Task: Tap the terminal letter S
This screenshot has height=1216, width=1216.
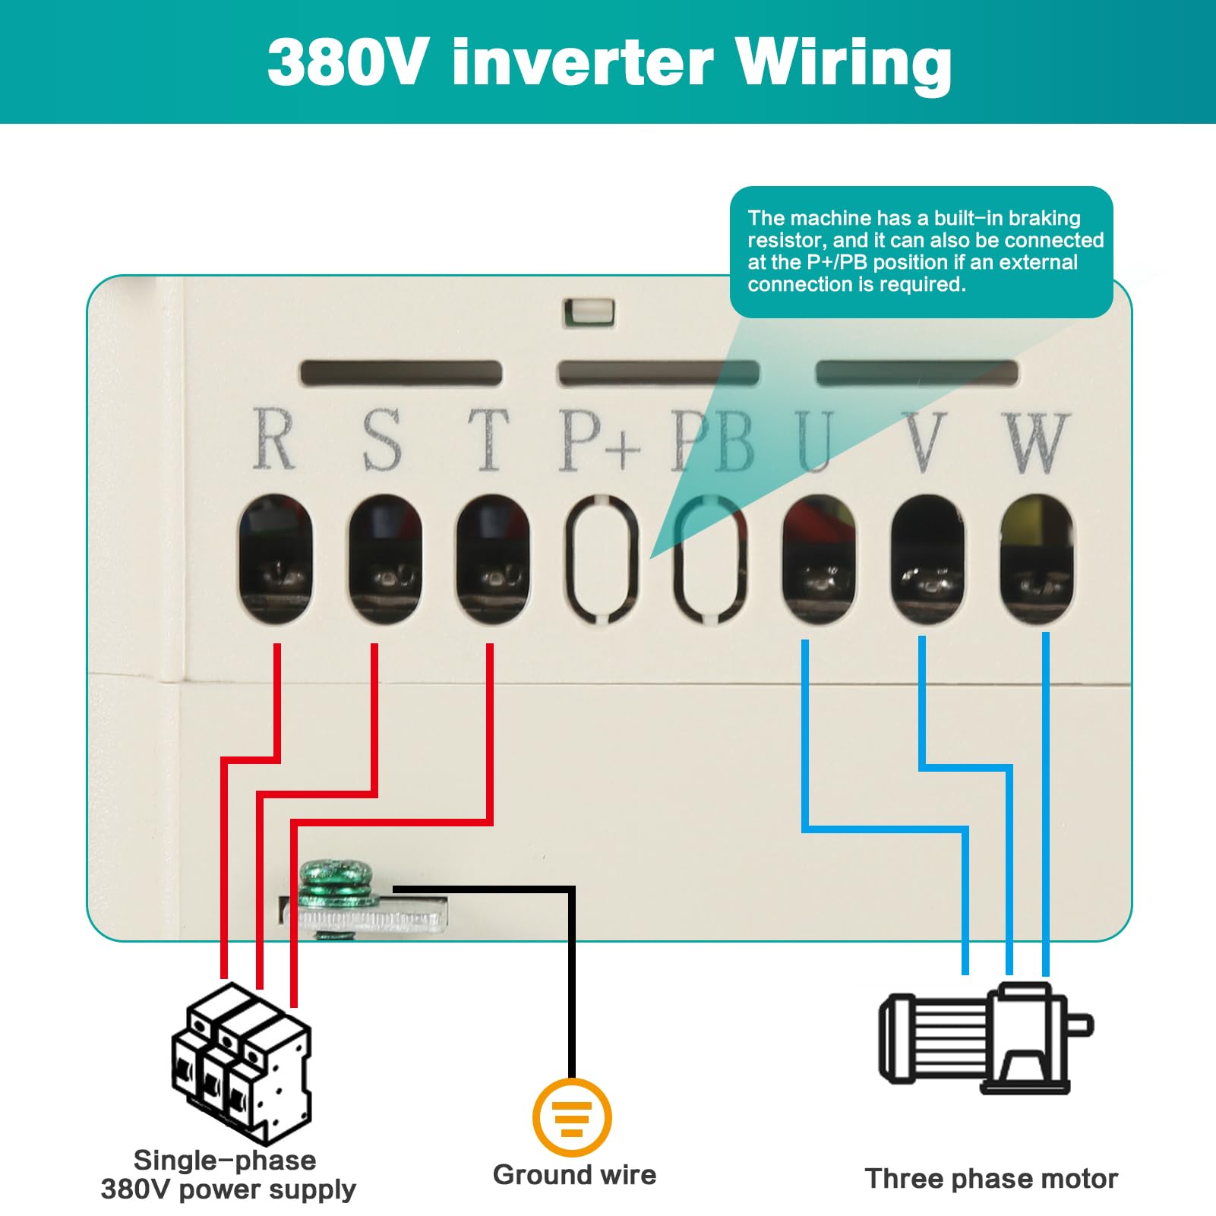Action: (381, 440)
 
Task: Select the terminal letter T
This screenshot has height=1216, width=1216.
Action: (488, 440)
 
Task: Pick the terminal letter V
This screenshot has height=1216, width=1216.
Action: (925, 442)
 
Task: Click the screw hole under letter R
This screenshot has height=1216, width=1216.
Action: (275, 559)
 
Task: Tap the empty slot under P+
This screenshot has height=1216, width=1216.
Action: (602, 559)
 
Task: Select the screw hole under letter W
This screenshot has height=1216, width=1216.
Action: (1037, 559)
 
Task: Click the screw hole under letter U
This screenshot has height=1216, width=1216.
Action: (819, 559)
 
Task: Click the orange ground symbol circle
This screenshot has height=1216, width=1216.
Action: (572, 1117)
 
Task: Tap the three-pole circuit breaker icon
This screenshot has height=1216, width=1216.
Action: (242, 1063)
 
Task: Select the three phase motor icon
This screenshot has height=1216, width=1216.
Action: (986, 1038)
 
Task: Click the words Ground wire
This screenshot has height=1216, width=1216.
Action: (574, 1175)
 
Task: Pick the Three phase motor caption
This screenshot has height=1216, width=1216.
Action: (991, 1179)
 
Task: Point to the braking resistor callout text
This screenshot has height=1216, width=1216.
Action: (925, 251)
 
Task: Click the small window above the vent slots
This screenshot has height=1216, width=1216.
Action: (589, 313)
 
